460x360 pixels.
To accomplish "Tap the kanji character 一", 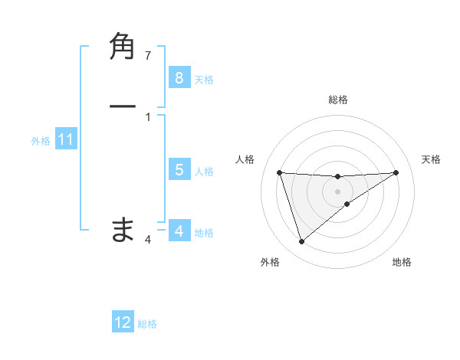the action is click(x=123, y=106).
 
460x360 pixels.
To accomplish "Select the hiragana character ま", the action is click(x=123, y=229).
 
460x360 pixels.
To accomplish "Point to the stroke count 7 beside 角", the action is click(x=148, y=55).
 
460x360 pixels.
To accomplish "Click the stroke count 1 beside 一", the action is click(x=148, y=116).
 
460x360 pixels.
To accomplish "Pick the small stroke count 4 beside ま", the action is click(x=148, y=240).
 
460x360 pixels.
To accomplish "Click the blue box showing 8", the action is click(x=179, y=77).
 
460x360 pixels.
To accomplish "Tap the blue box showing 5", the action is click(x=179, y=170).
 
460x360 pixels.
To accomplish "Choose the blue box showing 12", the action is click(x=123, y=322).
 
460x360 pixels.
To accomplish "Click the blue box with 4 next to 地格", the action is click(x=179, y=231).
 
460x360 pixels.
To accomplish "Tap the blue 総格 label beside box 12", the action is click(x=147, y=324).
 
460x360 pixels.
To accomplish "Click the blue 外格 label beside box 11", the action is click(x=41, y=141).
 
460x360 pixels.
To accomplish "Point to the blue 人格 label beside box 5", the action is click(x=204, y=172).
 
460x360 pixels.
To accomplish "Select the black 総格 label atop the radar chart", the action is click(x=337, y=100).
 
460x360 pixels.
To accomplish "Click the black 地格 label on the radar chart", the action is click(x=402, y=262).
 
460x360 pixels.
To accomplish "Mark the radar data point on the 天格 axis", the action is click(x=396, y=172).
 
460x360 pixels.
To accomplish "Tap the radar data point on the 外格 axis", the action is click(x=301, y=242).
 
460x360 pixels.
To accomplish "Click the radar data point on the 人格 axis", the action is click(x=279, y=172).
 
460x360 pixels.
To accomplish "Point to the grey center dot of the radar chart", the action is click(x=337, y=191).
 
